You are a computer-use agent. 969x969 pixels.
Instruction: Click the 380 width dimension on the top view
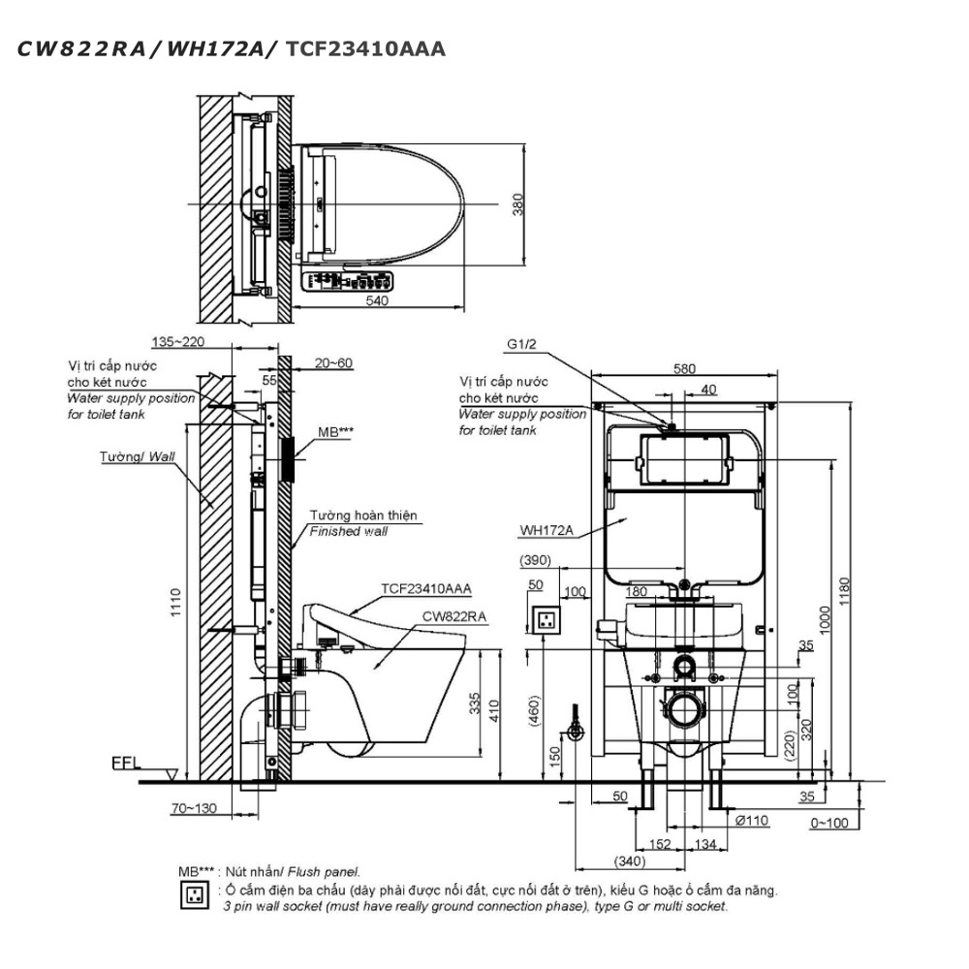click(x=517, y=204)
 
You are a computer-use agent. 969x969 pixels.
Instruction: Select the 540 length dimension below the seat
click(x=377, y=301)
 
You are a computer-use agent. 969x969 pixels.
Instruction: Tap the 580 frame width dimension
click(x=684, y=369)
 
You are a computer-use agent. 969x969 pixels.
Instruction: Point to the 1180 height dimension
click(x=844, y=591)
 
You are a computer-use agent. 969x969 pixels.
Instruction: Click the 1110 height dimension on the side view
click(x=175, y=602)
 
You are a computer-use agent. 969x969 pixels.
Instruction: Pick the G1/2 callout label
click(x=521, y=344)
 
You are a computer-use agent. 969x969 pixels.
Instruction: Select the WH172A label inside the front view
click(x=547, y=530)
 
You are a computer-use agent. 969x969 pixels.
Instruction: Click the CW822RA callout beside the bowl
click(x=454, y=616)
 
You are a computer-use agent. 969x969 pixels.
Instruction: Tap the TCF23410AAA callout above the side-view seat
click(x=425, y=588)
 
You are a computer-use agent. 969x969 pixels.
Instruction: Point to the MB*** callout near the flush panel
click(x=335, y=432)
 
